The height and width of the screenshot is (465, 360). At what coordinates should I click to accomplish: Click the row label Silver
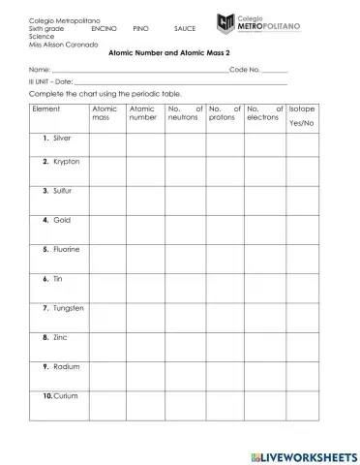coord(62,139)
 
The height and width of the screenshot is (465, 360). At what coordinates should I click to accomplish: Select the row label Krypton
coord(65,162)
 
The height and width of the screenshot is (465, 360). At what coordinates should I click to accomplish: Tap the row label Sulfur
coord(63,192)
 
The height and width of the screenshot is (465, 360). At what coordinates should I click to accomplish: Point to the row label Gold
coord(61,221)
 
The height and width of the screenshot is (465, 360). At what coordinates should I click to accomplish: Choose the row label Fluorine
coord(66,250)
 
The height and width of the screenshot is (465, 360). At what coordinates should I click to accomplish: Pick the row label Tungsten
coord(68,308)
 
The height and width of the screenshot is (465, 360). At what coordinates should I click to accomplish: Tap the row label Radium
coord(65,367)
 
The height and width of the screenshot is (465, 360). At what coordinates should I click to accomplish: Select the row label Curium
coord(65,396)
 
